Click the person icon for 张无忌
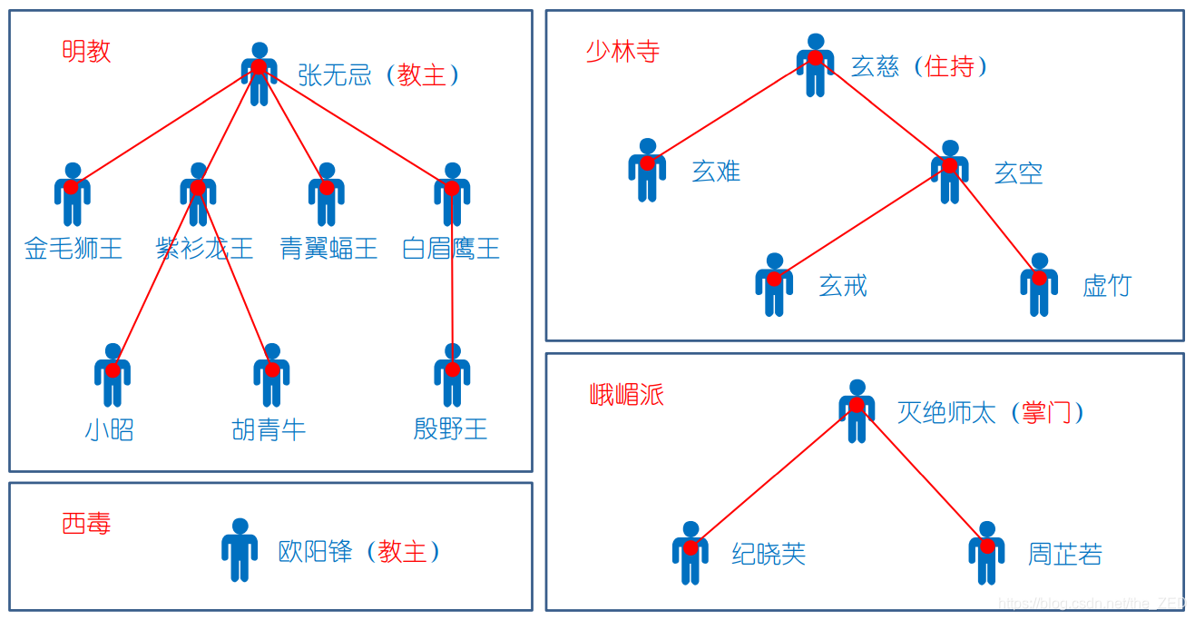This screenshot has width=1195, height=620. (x=260, y=74)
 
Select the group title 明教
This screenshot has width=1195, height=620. (x=86, y=51)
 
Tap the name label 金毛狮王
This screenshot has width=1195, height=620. (x=73, y=249)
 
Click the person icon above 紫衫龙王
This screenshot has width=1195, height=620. (x=198, y=194)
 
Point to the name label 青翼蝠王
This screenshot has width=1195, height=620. (x=328, y=249)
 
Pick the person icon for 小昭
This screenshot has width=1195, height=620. (x=113, y=375)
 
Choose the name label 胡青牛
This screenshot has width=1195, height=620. (x=269, y=429)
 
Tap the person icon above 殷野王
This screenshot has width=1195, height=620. (x=452, y=375)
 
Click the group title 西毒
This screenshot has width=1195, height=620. (x=86, y=523)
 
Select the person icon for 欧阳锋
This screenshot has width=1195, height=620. (x=240, y=550)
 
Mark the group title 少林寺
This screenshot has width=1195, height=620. (x=622, y=51)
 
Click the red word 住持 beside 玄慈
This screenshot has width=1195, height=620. (x=949, y=66)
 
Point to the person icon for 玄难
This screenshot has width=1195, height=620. (x=647, y=170)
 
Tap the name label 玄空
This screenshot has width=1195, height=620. (x=1018, y=172)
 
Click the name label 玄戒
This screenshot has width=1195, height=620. (x=843, y=286)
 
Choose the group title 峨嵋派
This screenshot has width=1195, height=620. (x=627, y=394)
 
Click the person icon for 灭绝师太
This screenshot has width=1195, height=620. (x=857, y=411)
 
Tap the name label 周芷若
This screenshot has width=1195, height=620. (x=1064, y=554)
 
